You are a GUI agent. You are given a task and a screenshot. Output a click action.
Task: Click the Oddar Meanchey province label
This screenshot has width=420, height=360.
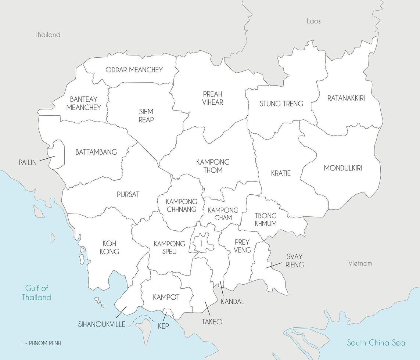(134, 70)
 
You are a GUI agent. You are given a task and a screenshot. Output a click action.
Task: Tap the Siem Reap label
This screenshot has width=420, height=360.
(146, 115)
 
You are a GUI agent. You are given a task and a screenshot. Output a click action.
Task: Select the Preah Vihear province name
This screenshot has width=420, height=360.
(212, 98)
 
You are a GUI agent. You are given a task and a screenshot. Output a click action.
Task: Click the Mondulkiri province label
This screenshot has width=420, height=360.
(342, 168)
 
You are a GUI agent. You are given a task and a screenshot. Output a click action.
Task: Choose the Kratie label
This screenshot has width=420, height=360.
(281, 173)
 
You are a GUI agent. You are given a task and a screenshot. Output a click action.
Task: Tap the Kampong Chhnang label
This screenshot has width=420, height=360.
(181, 205)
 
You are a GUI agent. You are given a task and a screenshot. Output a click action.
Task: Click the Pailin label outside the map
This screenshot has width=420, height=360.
(28, 162)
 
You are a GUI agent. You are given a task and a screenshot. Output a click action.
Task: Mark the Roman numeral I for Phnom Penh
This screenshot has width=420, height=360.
(201, 244)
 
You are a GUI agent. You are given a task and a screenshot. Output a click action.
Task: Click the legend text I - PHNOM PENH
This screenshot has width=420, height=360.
(41, 343)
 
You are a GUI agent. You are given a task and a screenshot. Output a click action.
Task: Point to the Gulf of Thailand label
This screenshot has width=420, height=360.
(36, 293)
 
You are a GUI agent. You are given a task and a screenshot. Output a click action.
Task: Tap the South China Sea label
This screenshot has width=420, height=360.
(376, 343)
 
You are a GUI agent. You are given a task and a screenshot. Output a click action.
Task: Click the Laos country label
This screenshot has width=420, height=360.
(313, 21)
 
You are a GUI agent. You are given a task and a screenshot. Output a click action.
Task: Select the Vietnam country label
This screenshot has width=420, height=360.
(360, 263)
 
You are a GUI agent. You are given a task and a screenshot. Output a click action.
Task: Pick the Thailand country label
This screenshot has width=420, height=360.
(47, 35)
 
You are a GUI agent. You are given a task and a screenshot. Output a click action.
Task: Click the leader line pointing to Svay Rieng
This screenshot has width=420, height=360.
(274, 265)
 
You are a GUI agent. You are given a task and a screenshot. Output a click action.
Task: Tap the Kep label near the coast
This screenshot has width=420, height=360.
(163, 326)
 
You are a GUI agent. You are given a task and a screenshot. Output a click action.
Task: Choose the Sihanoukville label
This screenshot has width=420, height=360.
(101, 324)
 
